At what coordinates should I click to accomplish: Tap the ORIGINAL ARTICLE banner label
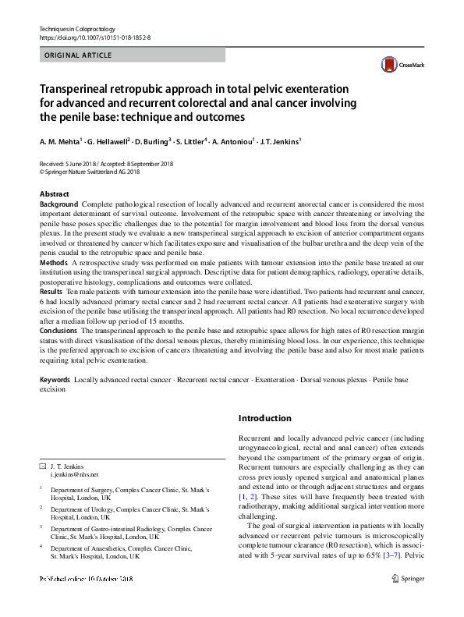pos(78,55)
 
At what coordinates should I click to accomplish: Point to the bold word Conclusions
pos(60,331)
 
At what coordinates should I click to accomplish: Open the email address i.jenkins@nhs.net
pos(74,473)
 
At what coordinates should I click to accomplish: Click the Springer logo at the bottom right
pos(410,601)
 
